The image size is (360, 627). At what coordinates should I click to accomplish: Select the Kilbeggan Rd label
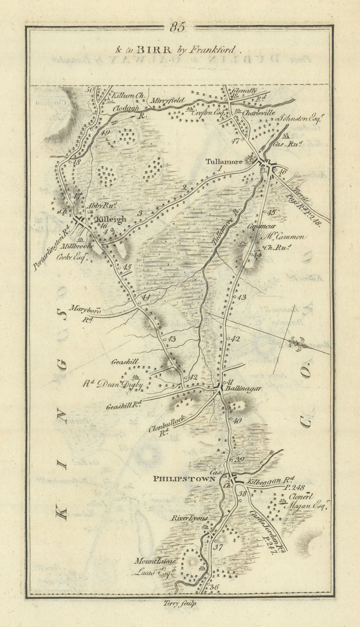click(268, 479)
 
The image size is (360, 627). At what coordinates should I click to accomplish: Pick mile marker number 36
click(213, 587)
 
